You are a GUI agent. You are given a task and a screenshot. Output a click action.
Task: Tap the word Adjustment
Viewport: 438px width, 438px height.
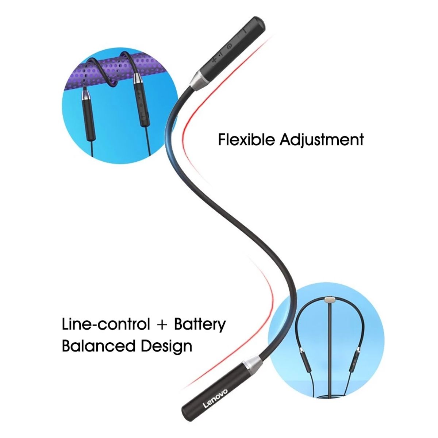322,140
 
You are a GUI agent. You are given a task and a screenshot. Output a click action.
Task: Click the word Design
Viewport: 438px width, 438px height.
166,347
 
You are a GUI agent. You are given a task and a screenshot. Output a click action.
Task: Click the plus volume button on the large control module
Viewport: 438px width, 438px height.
214,61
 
